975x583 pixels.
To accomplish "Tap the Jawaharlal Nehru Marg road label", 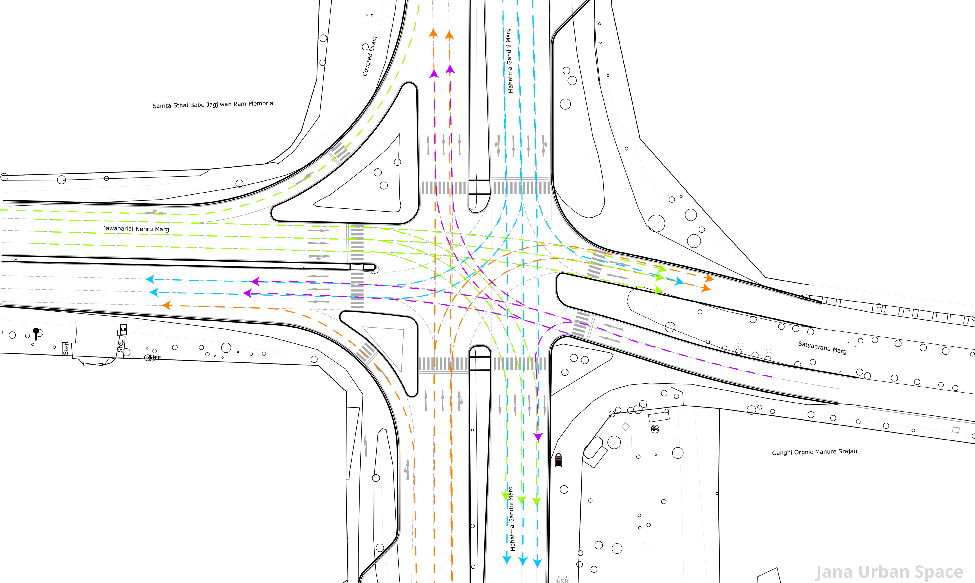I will tap(136, 229).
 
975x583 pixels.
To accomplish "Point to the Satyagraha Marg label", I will tap(822, 347).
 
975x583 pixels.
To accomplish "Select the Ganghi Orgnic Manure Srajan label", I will tap(814, 452).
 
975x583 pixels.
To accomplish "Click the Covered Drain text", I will tap(369, 56).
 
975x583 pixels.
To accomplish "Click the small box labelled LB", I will tap(123, 329).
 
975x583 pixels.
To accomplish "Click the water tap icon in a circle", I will tap(655, 429).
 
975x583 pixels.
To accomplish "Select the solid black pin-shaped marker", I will tap(36, 333).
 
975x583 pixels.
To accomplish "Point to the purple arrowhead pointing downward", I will tap(538, 437).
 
